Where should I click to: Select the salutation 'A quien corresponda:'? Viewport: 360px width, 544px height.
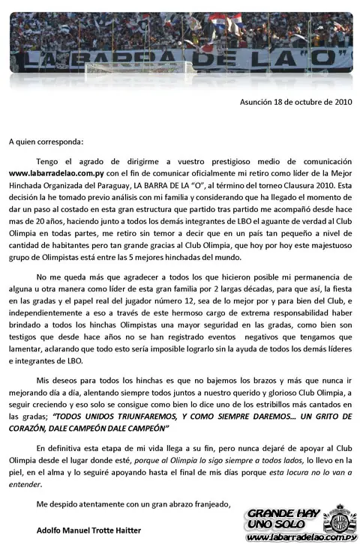click(x=46, y=140)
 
